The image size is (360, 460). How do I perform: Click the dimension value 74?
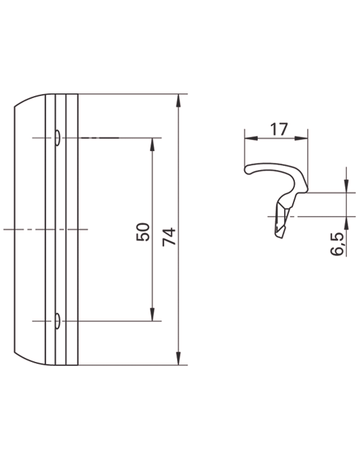click(x=169, y=236)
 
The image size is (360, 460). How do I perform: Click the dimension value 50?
click(x=143, y=232)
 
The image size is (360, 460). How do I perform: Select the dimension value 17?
click(x=278, y=129)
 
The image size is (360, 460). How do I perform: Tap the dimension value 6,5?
click(x=337, y=244)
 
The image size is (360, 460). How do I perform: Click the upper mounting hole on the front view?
click(x=57, y=138)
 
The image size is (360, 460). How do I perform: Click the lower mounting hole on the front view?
click(x=57, y=321)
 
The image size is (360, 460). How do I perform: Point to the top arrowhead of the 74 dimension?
click(x=179, y=100)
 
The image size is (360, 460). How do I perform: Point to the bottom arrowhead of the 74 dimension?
click(x=179, y=358)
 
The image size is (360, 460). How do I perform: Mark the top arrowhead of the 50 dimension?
click(x=152, y=144)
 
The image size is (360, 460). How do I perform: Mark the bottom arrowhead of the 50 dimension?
click(x=152, y=315)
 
